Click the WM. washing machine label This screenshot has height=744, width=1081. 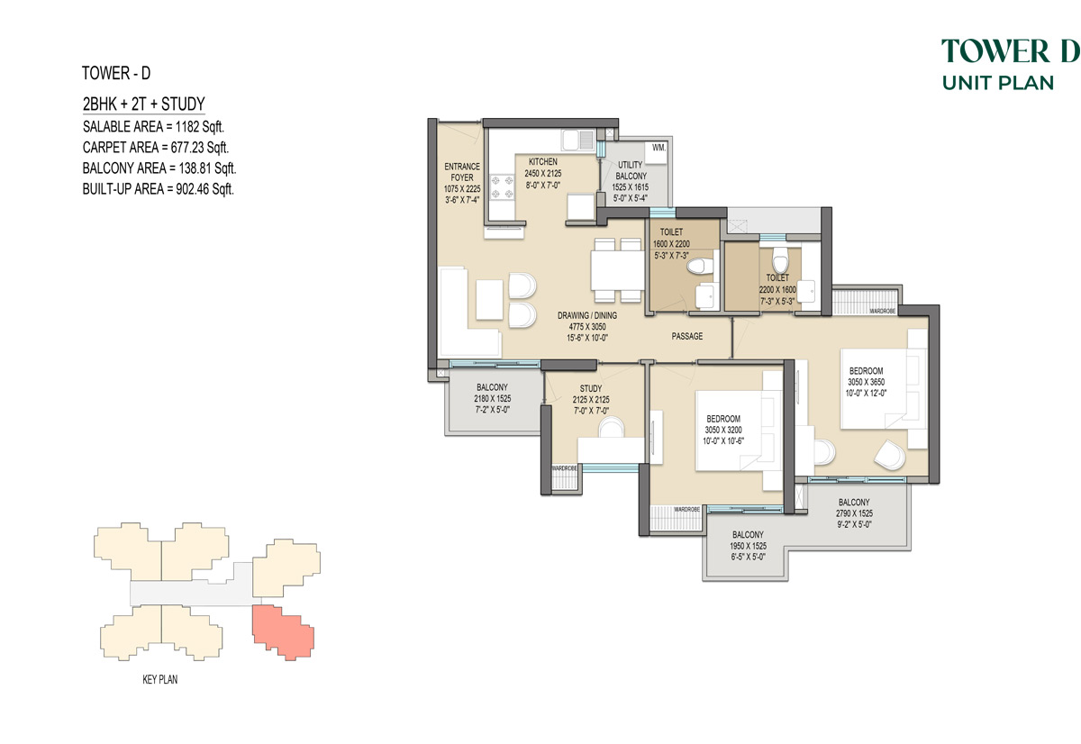coord(659,148)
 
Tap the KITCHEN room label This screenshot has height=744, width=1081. coord(543,161)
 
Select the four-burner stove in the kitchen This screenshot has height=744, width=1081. coord(502,187)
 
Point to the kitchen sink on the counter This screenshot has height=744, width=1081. coord(577,140)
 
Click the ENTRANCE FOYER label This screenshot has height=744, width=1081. coord(462,172)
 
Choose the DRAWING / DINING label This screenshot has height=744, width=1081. coord(587,315)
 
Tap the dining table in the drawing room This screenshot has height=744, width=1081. coord(617,270)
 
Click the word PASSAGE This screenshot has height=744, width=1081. coord(687,336)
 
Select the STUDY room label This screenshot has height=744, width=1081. coord(591,388)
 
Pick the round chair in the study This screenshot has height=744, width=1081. coord(611,428)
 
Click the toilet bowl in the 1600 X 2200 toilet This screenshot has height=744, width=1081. coord(700,266)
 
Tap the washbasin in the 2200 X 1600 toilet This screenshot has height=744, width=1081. coord(806,291)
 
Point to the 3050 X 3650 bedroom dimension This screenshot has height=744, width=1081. coord(867,382)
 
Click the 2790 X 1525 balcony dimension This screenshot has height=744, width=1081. coord(854,513)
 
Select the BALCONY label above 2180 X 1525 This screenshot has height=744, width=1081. coord(492,387)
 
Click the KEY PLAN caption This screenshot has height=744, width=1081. coord(159,680)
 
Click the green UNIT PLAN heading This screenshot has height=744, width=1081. coord(997,83)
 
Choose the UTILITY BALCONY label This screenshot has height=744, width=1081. coord(631,170)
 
